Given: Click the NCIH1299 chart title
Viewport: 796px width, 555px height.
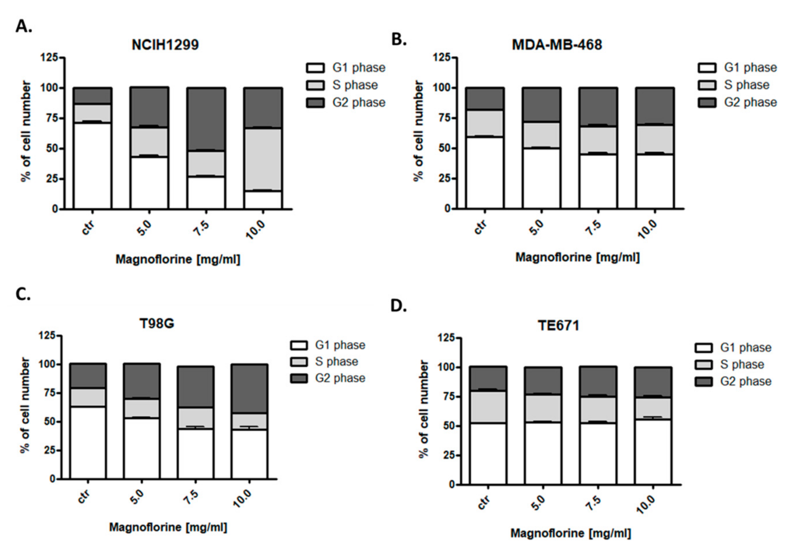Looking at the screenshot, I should tap(165, 45).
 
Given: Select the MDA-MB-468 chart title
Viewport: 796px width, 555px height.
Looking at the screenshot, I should tap(557, 45).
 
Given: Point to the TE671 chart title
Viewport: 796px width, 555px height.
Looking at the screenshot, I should tap(559, 326).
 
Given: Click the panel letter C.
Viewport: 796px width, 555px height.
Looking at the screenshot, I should tap(23, 294).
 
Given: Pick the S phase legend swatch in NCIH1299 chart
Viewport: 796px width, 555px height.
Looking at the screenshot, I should tap(315, 85).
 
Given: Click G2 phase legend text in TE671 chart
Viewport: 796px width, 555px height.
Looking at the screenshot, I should tap(746, 381).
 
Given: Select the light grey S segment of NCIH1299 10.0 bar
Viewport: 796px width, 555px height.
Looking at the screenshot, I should tap(263, 159).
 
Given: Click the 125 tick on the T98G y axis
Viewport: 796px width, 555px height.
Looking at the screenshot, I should tap(48, 335).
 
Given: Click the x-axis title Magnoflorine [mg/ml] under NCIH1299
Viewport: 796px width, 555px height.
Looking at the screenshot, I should tap(177, 259).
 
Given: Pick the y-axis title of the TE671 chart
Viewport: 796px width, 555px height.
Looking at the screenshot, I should tap(423, 409).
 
